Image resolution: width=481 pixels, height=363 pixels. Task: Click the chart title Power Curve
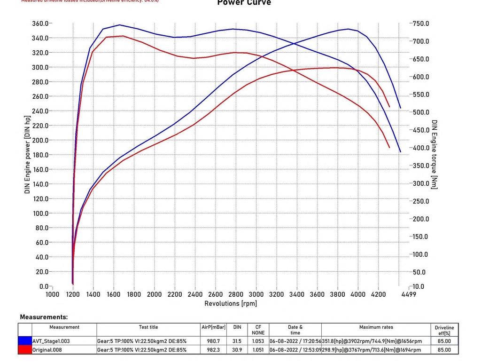pyautogui.click(x=244, y=3)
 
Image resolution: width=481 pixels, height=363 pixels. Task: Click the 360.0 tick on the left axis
pyautogui.click(x=40, y=24)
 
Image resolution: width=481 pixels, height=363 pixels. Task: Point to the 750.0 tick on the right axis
pyautogui.click(x=420, y=24)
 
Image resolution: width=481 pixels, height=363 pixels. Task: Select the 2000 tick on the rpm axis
pyautogui.click(x=155, y=294)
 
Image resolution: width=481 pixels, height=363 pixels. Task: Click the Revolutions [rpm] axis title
pyautogui.click(x=231, y=304)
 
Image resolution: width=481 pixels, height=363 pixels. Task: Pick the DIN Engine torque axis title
pyautogui.click(x=434, y=155)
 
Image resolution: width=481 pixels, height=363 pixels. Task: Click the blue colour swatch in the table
pyautogui.click(x=25, y=341)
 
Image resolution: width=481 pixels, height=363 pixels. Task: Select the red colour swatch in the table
pyautogui.click(x=25, y=350)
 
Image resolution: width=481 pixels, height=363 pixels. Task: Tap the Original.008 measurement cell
pyautogui.click(x=47, y=350)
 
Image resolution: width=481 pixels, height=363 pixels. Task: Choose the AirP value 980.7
pyautogui.click(x=213, y=341)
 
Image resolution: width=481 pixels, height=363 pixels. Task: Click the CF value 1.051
pyautogui.click(x=258, y=350)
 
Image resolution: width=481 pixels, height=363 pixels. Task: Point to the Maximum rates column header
pyautogui.click(x=376, y=327)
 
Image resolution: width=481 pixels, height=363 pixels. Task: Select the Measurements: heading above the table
pyautogui.click(x=44, y=317)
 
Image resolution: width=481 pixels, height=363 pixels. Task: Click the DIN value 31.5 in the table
pyautogui.click(x=237, y=341)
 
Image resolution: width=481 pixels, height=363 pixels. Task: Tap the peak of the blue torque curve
pyautogui.click(x=119, y=25)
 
